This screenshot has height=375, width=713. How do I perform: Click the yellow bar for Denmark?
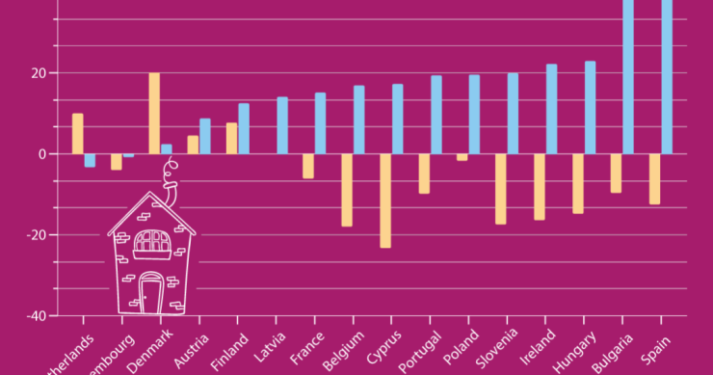click(x=154, y=113)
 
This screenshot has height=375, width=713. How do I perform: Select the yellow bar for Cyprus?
click(x=385, y=201)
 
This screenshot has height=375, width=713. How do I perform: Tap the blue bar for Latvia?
click(x=282, y=125)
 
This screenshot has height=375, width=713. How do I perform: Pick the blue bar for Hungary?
click(x=590, y=107)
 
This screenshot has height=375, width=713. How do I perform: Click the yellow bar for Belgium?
click(x=347, y=190)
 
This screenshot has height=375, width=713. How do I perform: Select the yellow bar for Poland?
click(x=462, y=157)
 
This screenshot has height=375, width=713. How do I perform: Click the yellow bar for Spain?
click(x=655, y=179)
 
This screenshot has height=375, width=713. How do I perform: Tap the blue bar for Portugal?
click(x=436, y=115)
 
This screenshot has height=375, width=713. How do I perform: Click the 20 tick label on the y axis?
click(x=39, y=73)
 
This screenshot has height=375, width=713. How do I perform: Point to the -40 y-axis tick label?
click(x=35, y=315)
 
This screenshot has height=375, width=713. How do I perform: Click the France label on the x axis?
click(x=304, y=344)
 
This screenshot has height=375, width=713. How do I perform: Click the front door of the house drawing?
click(x=151, y=292)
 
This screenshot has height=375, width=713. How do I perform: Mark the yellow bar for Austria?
click(x=193, y=145)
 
